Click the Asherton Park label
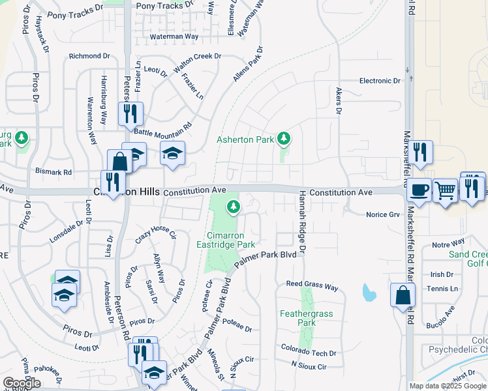pos(245,140)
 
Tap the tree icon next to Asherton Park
pos(283,138)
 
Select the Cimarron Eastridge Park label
pos(226,239)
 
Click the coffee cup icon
pos(419,190)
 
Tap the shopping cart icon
pos(445,190)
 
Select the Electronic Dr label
pos(380,81)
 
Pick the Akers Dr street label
pos(339,102)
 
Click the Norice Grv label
pos(382,214)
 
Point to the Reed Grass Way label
pos(313,285)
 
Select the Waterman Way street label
pos(174,37)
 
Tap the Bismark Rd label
pos(53,172)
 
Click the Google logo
pos(22,383)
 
